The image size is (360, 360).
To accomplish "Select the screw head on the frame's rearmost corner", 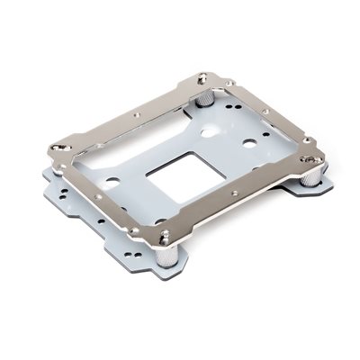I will tap(202, 78).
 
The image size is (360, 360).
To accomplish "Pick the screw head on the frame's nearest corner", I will tap(165, 237).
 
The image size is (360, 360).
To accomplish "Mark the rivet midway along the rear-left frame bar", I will tap(135, 114).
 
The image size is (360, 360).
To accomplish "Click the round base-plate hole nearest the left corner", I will tap(112, 180).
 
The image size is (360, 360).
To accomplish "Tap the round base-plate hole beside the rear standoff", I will tap(209, 131).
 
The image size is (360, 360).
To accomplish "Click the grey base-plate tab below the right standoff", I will tap(317, 190).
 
